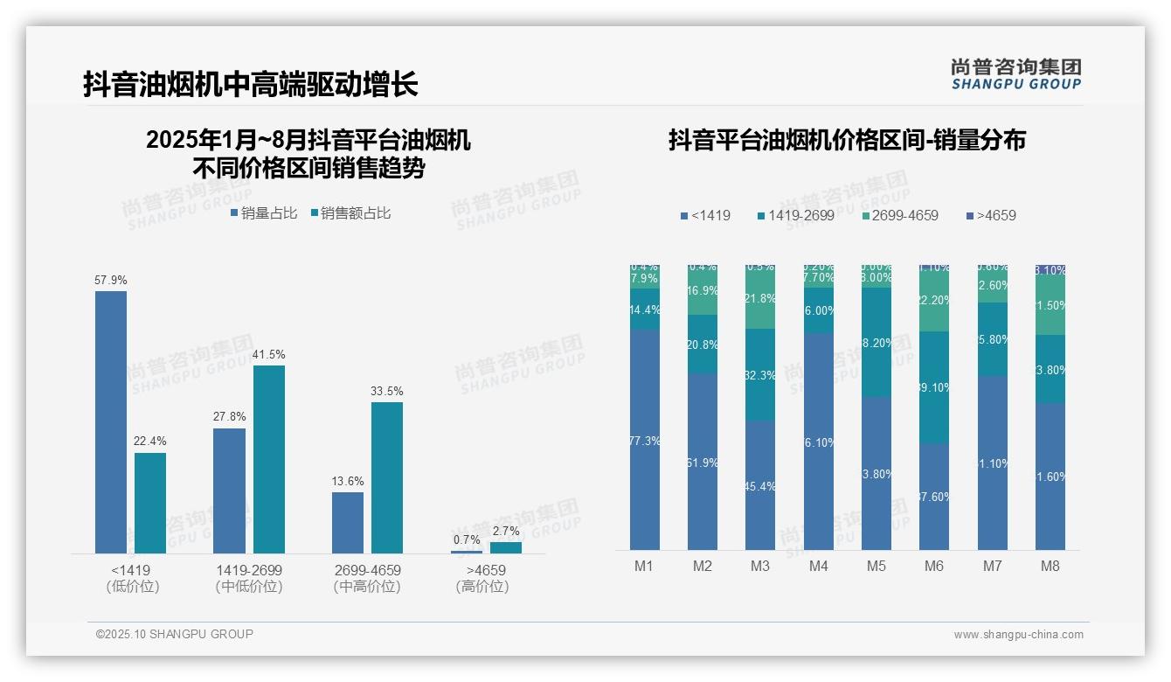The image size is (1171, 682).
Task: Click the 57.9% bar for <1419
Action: (x=111, y=421)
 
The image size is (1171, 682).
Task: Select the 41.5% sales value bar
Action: (x=269, y=459)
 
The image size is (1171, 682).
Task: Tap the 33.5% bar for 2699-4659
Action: (x=387, y=477)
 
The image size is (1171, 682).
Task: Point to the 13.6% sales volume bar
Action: (x=348, y=522)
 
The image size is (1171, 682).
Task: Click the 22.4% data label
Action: (x=149, y=442)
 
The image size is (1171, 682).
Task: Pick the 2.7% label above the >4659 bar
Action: (x=505, y=531)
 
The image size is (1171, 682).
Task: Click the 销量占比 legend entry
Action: (x=264, y=213)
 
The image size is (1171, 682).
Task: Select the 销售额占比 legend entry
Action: (x=350, y=213)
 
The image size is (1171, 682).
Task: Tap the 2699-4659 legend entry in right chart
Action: (x=900, y=215)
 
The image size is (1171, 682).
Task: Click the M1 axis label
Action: (x=644, y=566)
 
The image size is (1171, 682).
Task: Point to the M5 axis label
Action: (x=877, y=566)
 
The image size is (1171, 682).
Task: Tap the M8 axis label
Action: (x=1050, y=566)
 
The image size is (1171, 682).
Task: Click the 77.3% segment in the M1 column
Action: (x=645, y=440)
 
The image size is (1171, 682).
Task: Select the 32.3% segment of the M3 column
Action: (x=760, y=375)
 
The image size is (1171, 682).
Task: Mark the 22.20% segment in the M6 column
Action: (x=934, y=301)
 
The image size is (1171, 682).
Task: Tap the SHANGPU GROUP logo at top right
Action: (x=1015, y=74)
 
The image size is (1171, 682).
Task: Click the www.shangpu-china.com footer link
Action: (x=1018, y=635)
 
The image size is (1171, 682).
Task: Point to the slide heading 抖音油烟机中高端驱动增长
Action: (x=251, y=84)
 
